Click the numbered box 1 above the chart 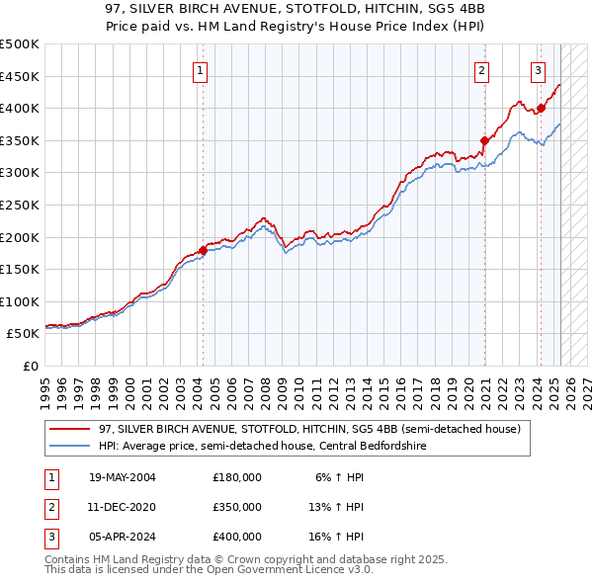point(201,70)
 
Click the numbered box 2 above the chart point(481,70)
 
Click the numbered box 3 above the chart point(538,70)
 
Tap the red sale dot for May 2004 point(203,250)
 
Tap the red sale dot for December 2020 point(484,140)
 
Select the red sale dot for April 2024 point(541,108)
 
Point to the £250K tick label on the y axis point(20,205)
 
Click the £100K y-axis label point(20,301)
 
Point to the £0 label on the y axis point(31,366)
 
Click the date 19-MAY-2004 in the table point(123,477)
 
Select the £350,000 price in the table point(237,507)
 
